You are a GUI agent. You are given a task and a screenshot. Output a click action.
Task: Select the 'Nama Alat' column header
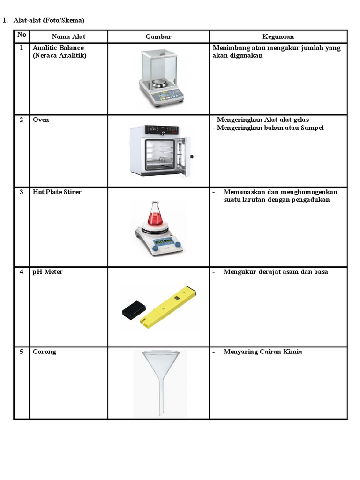(x=68, y=37)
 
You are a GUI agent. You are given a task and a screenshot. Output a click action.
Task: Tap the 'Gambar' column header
(x=158, y=37)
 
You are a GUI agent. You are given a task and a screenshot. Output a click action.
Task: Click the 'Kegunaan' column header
(x=278, y=37)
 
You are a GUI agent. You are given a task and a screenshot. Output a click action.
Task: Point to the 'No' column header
(x=22, y=35)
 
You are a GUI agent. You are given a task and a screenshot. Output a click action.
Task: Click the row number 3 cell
(x=22, y=192)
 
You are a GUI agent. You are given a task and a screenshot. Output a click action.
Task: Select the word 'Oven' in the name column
(x=41, y=120)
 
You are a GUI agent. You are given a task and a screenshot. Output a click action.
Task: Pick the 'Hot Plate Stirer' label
(x=57, y=192)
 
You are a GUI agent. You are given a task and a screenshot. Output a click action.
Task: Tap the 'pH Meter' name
(x=47, y=272)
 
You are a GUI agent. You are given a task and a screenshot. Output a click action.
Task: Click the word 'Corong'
(x=44, y=352)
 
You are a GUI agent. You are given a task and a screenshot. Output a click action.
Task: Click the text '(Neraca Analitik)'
(x=60, y=56)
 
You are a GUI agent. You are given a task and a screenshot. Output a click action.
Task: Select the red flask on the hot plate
(x=156, y=216)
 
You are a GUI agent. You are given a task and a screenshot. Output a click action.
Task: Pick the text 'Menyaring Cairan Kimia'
(x=262, y=352)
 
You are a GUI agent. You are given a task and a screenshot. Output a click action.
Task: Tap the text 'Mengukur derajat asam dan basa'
(x=276, y=272)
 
